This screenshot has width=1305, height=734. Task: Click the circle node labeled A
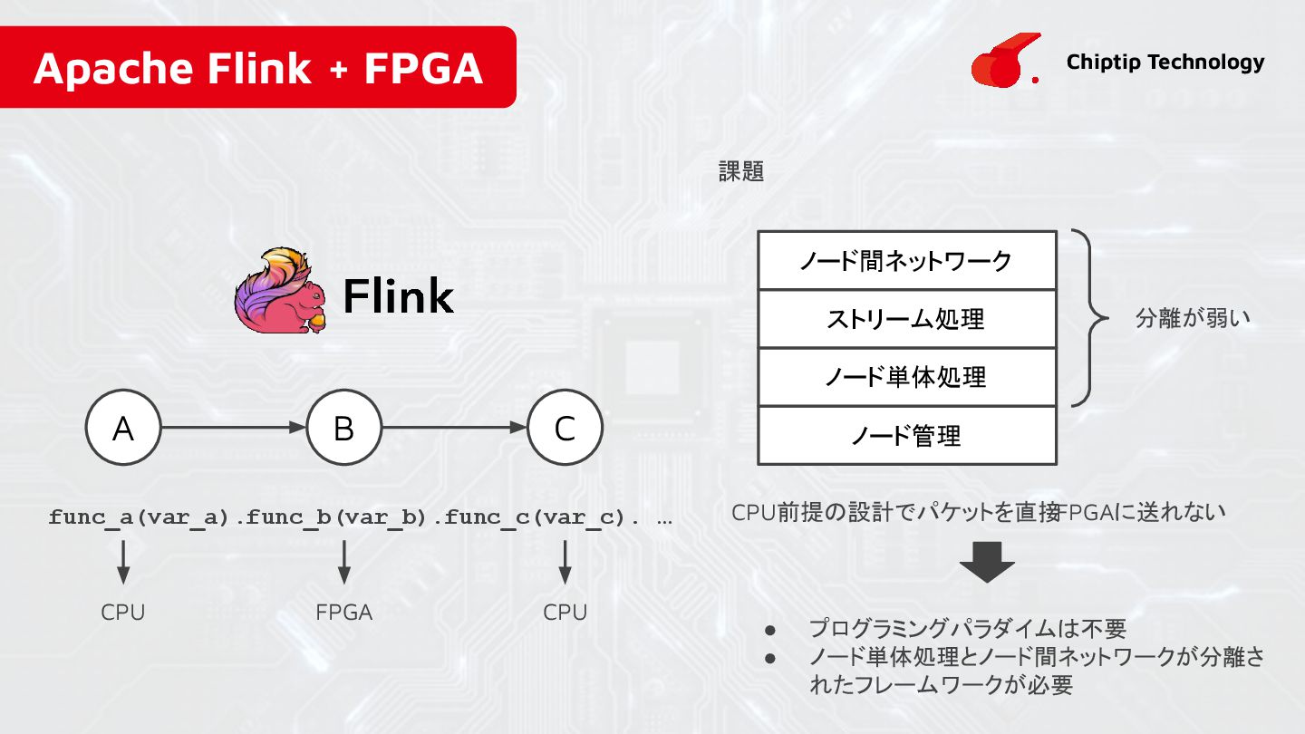click(x=123, y=428)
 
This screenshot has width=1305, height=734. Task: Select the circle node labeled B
click(x=343, y=428)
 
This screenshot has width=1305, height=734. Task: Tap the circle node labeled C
click(x=565, y=428)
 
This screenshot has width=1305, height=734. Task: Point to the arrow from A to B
click(x=233, y=428)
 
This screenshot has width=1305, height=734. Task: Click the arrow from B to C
click(x=454, y=428)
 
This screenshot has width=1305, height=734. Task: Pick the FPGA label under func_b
click(x=343, y=613)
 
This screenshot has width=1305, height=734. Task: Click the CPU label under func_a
click(x=123, y=613)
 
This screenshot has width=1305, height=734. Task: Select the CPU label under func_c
click(x=565, y=613)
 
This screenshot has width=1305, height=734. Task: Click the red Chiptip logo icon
click(x=999, y=62)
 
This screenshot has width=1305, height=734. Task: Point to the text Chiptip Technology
click(x=1165, y=62)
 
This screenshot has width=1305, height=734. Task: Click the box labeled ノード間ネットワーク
click(x=906, y=261)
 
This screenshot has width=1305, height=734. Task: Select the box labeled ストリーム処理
click(x=906, y=319)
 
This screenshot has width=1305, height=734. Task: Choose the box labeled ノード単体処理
click(x=906, y=377)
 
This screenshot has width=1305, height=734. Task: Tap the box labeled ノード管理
click(x=906, y=436)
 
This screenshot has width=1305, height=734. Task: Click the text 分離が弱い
click(x=1193, y=319)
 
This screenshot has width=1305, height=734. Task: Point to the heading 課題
click(x=741, y=172)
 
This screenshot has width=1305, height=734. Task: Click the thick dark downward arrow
click(x=987, y=562)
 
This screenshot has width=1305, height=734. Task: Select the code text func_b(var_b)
click(x=336, y=518)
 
